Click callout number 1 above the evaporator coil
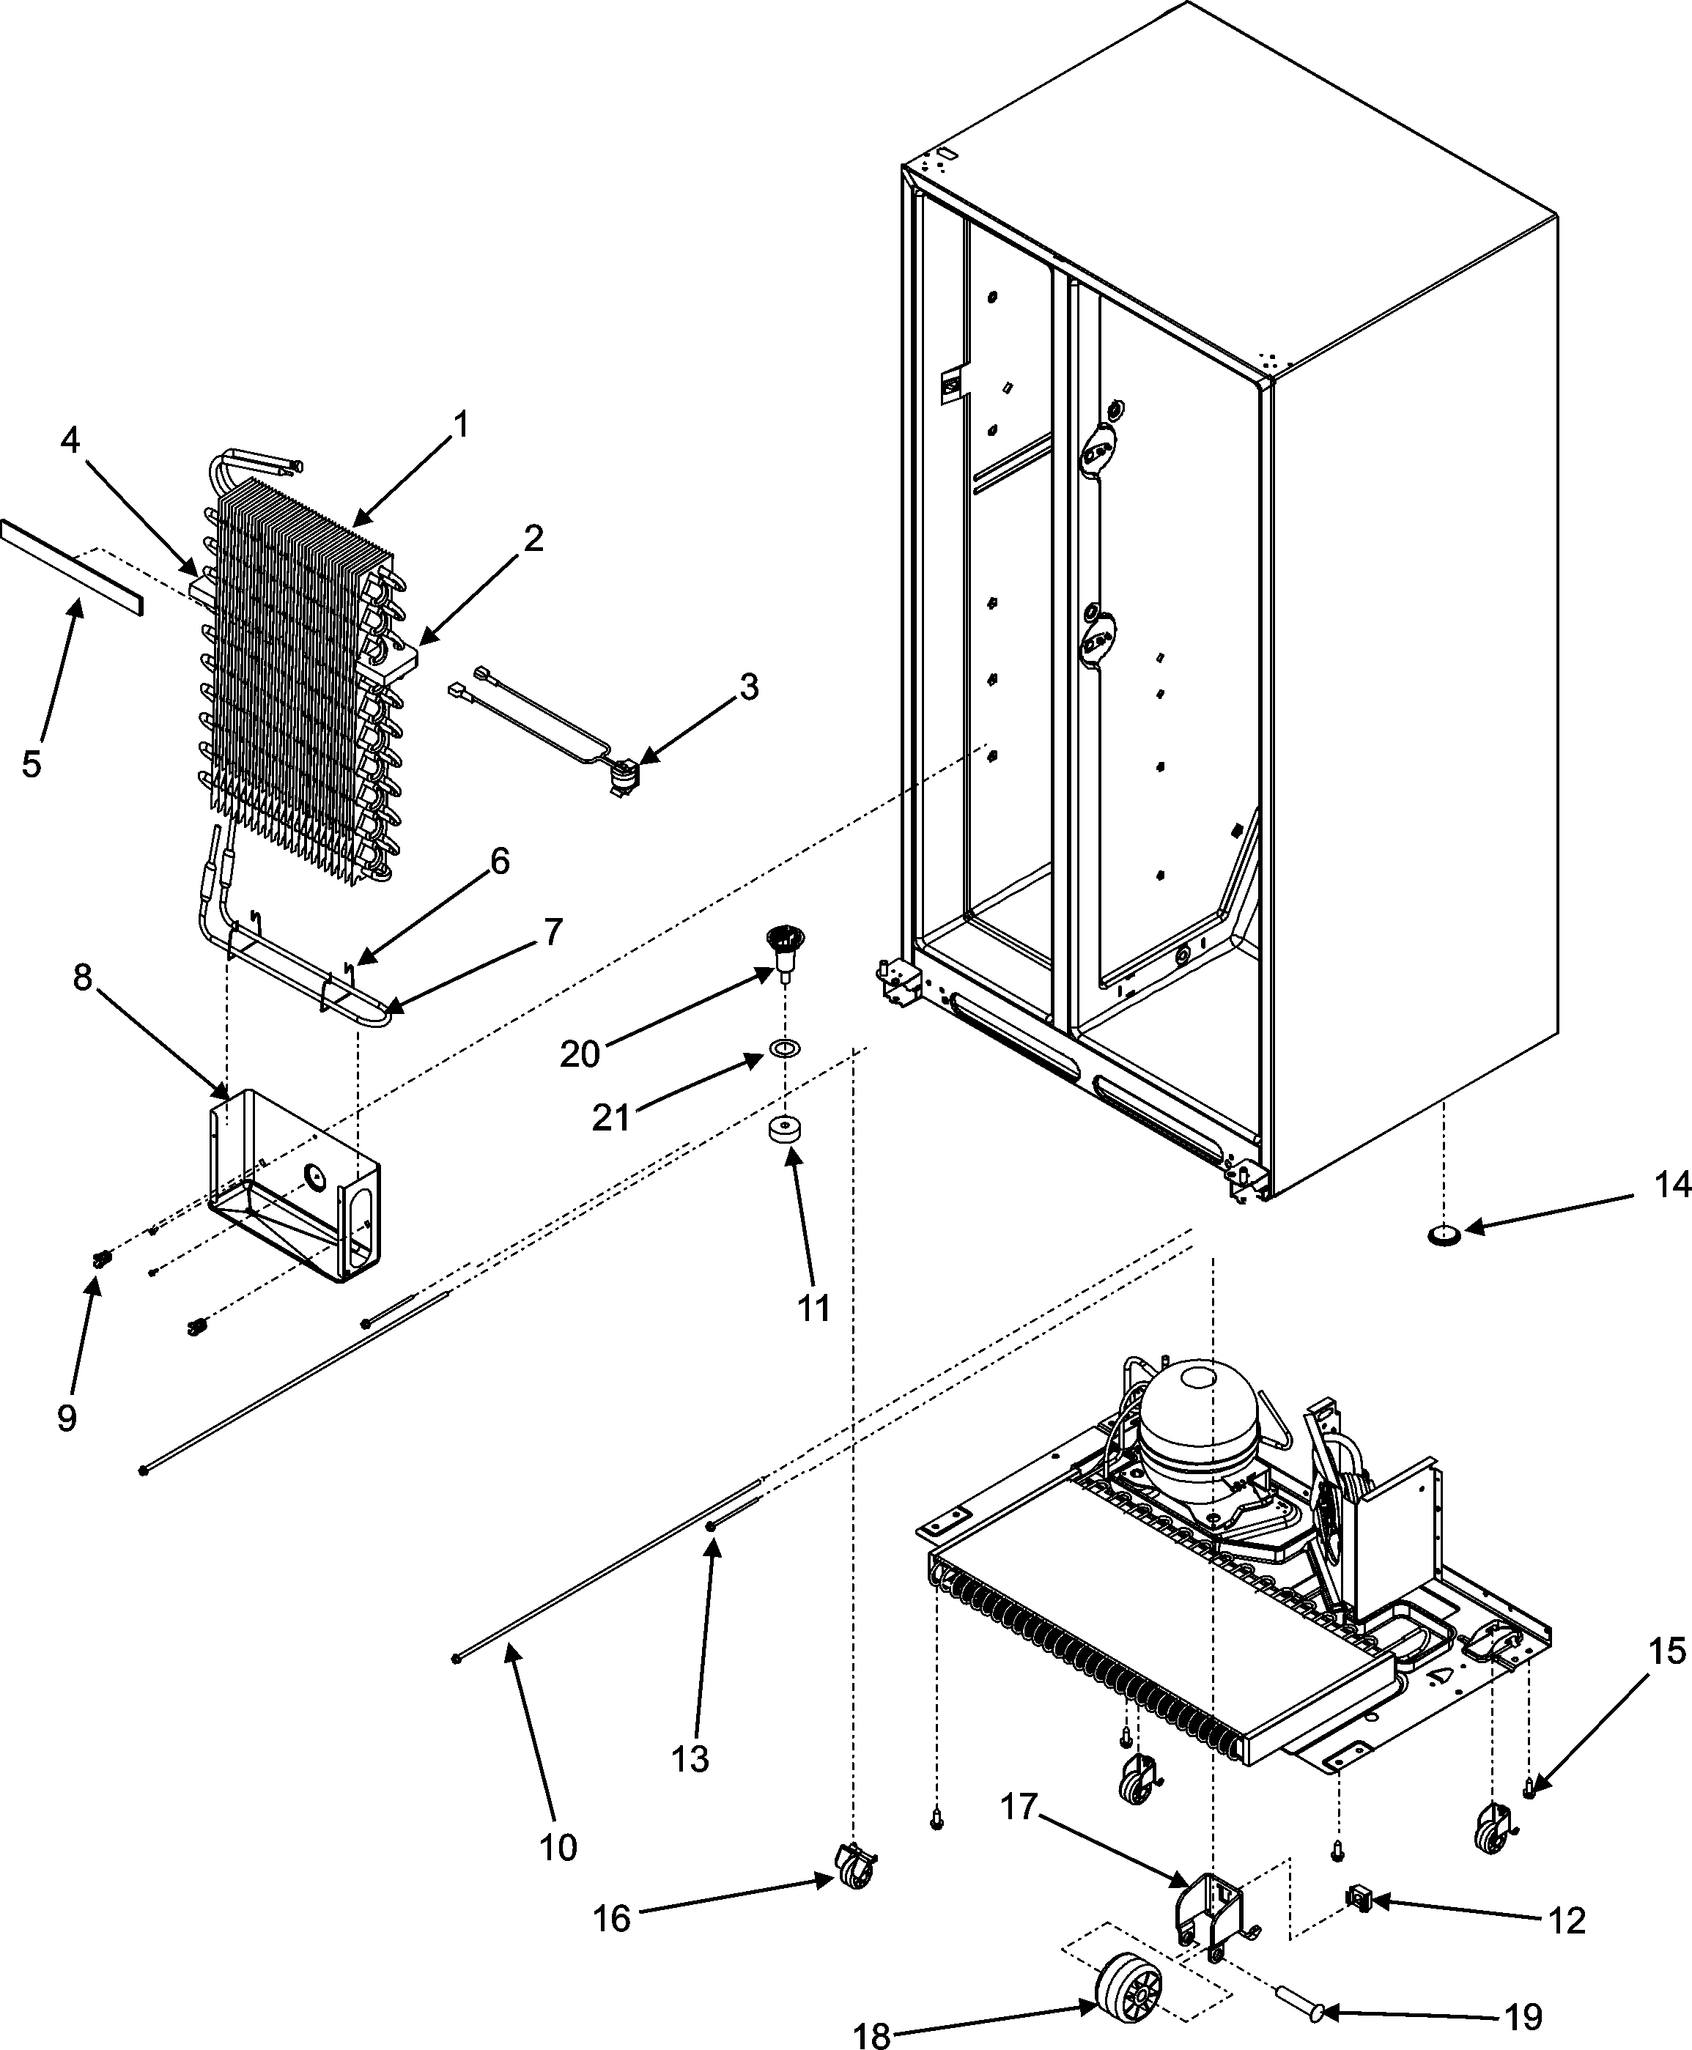pos(461,425)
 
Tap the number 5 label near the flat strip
pos(32,764)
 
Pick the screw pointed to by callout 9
pos(98,1259)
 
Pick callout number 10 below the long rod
pos(558,1846)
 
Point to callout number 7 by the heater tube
pos(553,933)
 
